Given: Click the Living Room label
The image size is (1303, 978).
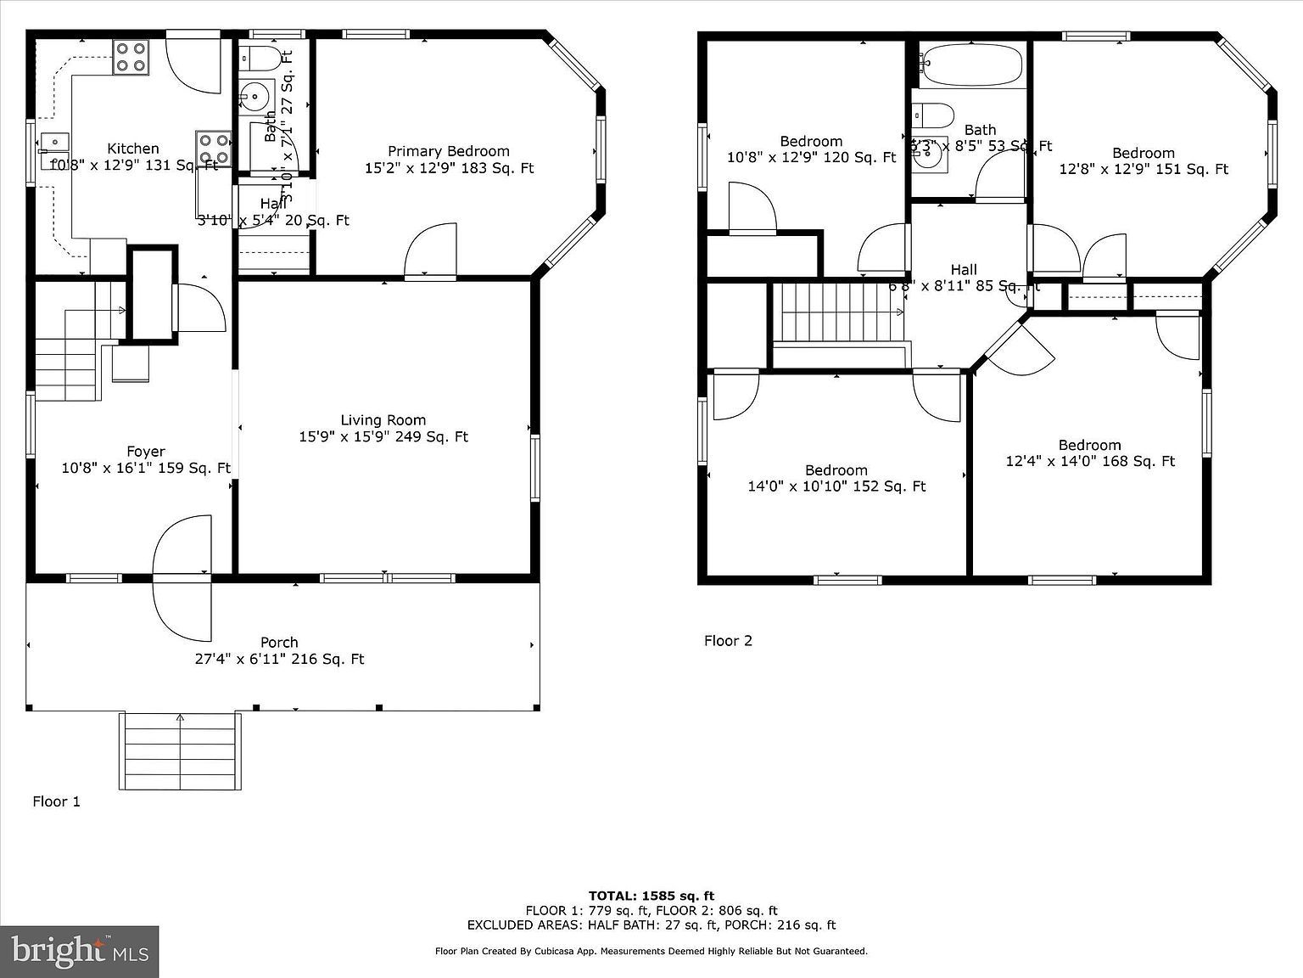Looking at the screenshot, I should click(x=383, y=420).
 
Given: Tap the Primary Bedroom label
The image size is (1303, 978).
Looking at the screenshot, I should click(x=448, y=151).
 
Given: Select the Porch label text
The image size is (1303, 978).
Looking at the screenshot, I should click(x=279, y=643).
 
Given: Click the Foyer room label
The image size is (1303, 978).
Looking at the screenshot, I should click(x=146, y=452).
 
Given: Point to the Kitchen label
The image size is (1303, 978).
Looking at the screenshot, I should click(x=132, y=149).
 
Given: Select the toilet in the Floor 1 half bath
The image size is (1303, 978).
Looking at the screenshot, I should click(x=259, y=59).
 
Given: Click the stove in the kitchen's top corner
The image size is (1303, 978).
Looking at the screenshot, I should click(x=131, y=57).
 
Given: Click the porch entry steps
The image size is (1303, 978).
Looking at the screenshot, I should click(x=180, y=751).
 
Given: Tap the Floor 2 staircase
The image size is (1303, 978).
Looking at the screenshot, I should click(x=837, y=312).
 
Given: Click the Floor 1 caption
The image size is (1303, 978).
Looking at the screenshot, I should click(x=56, y=801).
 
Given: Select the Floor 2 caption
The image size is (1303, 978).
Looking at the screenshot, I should click(x=728, y=641).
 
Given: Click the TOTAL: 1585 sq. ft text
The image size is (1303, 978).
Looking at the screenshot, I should click(x=651, y=896).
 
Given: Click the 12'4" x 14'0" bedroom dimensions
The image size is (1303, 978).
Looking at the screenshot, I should click(x=1089, y=462).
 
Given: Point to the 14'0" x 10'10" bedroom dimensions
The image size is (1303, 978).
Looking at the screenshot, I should click(x=836, y=486).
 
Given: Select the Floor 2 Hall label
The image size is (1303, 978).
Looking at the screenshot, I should click(x=963, y=270).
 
